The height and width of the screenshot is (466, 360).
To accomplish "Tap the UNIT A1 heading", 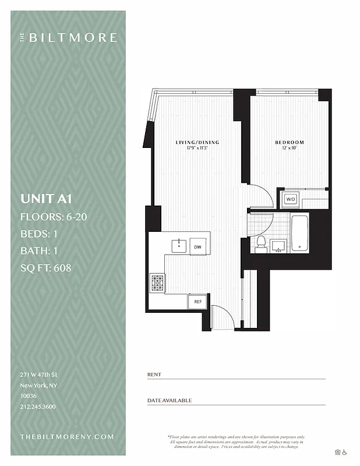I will point(45,198).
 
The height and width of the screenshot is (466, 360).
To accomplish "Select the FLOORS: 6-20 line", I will point(54,217).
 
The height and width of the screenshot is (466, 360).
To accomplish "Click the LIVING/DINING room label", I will point(196,142).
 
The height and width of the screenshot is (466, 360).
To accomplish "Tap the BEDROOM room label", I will point(290,142).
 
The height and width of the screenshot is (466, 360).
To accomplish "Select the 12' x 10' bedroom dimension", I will point(290,148).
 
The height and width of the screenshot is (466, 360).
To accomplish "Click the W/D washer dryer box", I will point(290,199).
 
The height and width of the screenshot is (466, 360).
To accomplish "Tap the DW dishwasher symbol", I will point(198,247).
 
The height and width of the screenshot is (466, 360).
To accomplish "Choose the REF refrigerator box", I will point(198,302).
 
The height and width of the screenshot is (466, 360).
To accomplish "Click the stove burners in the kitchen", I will point(158,283).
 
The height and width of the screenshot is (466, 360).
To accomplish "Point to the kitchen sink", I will point(178,246).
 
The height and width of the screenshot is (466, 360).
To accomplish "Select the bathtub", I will point(299,234).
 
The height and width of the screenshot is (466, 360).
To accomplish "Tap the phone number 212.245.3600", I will point(38,407).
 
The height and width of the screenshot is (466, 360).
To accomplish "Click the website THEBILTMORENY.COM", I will point(67,436).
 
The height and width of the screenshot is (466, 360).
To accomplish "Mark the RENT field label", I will point(154,375).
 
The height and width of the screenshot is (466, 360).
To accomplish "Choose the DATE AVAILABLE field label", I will point(169,401).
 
